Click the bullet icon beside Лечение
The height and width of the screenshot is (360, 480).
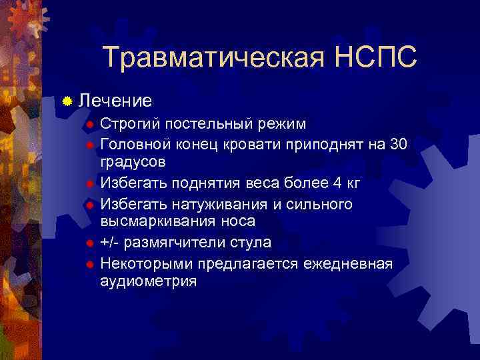[x=67, y=101]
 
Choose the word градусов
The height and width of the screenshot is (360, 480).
[x=133, y=162]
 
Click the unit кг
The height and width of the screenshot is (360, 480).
[x=355, y=181]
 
